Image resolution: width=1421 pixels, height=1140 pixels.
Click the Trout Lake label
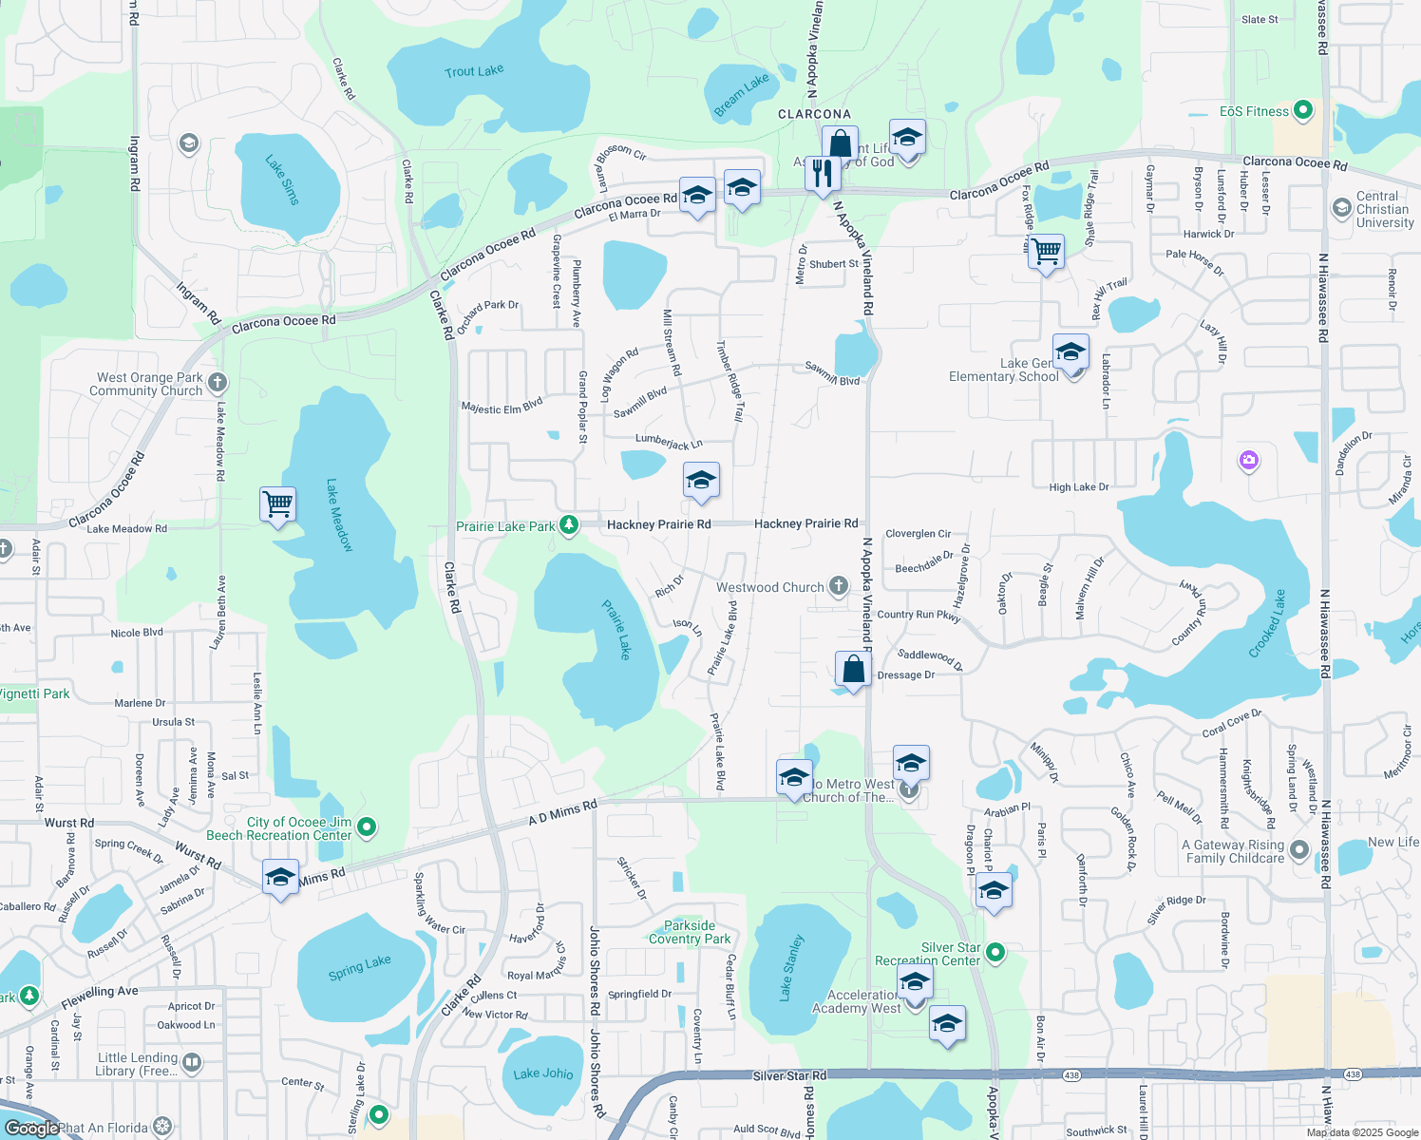[x=474, y=71]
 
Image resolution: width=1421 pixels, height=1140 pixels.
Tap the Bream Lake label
[x=741, y=96]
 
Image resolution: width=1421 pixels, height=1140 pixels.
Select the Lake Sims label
[x=282, y=180]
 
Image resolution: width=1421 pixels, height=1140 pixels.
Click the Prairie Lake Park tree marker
[x=569, y=524]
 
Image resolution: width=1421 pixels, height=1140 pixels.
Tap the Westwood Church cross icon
[x=838, y=586]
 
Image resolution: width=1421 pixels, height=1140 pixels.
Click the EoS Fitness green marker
[x=1303, y=111]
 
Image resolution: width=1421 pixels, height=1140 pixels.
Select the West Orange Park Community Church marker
[x=218, y=383]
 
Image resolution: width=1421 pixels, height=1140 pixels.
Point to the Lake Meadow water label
[x=339, y=515]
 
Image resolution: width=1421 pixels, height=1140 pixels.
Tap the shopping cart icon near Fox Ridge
[x=1046, y=252]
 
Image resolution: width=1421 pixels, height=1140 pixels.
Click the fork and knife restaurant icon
[x=823, y=174]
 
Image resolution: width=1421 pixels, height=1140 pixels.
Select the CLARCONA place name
[x=814, y=114]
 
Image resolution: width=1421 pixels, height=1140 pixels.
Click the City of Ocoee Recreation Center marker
[x=367, y=827]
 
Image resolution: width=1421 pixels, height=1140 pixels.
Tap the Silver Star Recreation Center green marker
[x=995, y=951]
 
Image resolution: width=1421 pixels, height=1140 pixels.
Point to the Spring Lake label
[x=359, y=968]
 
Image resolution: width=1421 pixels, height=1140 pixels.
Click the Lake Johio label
[x=543, y=1073]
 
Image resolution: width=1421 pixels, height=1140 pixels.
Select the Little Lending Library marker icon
[x=191, y=1062]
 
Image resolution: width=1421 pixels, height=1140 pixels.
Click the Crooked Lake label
[x=1267, y=623]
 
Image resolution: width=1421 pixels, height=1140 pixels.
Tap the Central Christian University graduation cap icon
[x=1341, y=208]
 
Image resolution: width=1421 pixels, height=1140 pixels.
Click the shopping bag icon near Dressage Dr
[x=854, y=669]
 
